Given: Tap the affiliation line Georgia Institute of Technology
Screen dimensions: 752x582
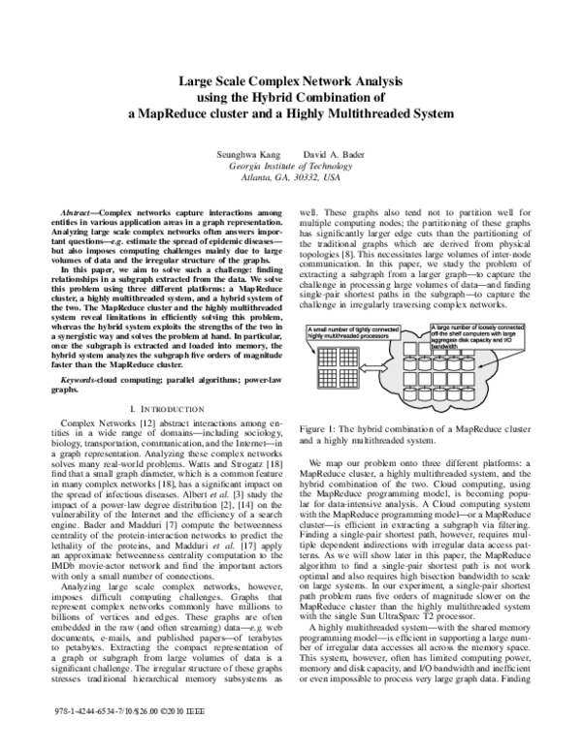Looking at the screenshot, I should (x=290, y=166).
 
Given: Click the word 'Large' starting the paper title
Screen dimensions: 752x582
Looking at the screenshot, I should (x=197, y=81).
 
